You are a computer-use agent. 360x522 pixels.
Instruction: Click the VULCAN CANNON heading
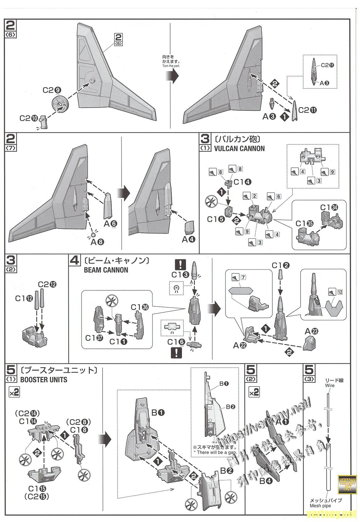tap(239, 148)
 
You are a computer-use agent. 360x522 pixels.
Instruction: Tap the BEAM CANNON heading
tap(106, 270)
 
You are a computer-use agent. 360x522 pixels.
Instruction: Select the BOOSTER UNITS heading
tap(44, 380)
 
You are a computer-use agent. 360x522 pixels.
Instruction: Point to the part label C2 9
tap(52, 90)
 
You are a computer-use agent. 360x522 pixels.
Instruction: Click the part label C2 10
tap(29, 118)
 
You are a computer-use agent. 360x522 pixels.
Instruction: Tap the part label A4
tap(188, 239)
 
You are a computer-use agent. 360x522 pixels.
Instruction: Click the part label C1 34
tap(329, 207)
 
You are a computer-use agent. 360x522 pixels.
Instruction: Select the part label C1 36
tap(141, 307)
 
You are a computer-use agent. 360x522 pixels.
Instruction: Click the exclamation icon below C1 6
tap(176, 353)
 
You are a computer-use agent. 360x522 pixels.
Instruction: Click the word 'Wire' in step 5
tap(329, 385)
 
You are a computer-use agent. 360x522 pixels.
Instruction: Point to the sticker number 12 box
tap(340, 292)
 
